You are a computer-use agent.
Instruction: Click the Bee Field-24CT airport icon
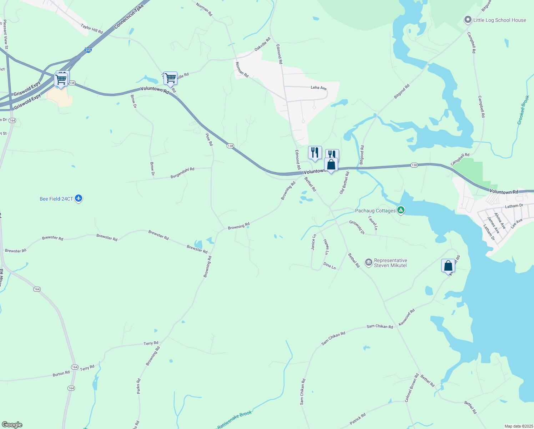click(x=79, y=198)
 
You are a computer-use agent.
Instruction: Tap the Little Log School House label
click(x=499, y=20)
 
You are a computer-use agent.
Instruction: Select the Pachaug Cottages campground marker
click(x=401, y=210)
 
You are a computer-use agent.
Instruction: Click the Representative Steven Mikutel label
click(x=390, y=263)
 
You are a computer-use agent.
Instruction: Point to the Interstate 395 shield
click(x=88, y=50)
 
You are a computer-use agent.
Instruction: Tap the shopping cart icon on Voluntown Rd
click(x=171, y=78)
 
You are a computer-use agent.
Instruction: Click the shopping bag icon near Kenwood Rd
click(x=448, y=266)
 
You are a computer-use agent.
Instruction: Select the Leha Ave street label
click(x=318, y=88)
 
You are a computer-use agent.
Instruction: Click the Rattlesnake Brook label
click(x=235, y=419)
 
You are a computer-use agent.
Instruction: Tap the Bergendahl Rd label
click(x=182, y=173)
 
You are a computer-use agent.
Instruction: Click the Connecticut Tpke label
click(x=129, y=16)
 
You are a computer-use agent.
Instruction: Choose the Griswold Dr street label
click(x=357, y=227)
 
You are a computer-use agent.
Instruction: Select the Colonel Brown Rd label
click(x=412, y=388)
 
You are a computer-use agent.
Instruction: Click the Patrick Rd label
click(x=358, y=419)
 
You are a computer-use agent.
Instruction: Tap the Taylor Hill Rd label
click(x=92, y=29)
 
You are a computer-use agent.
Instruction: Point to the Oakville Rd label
click(x=262, y=44)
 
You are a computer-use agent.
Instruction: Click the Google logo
click(x=12, y=425)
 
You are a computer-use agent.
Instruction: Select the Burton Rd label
click(x=61, y=374)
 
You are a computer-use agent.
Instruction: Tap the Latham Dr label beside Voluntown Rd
click(x=514, y=206)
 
